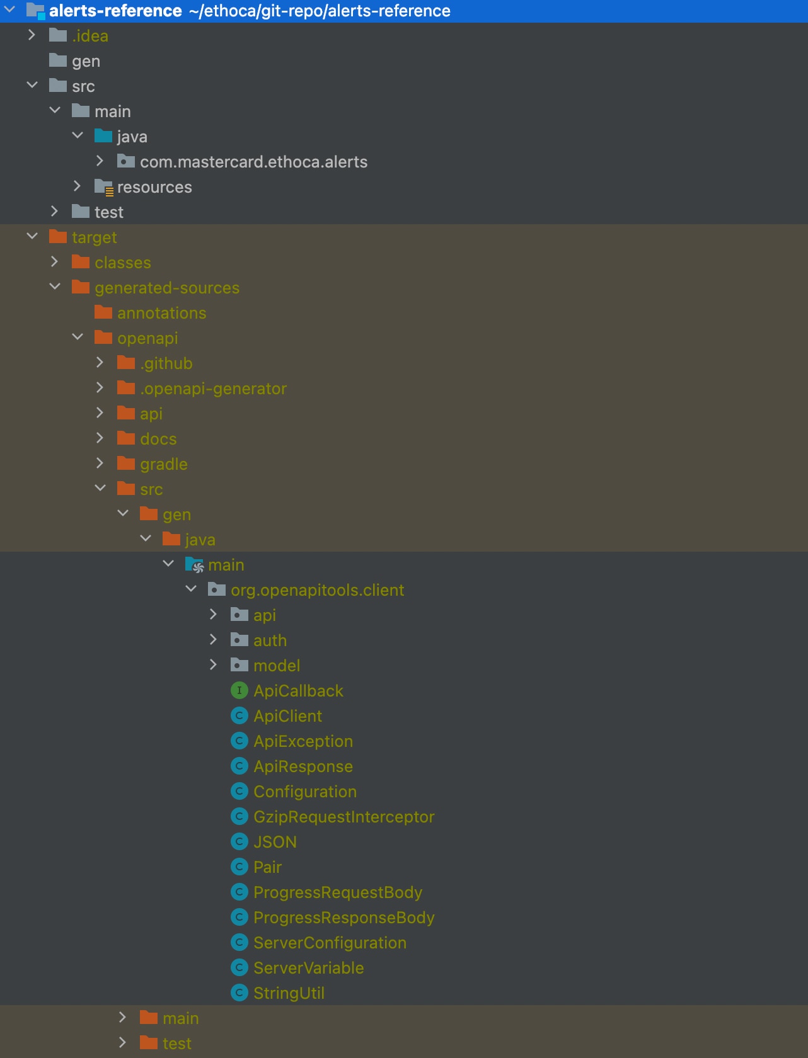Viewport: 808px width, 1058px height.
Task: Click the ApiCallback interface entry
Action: point(298,691)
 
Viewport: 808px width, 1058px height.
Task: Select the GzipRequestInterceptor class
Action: point(343,817)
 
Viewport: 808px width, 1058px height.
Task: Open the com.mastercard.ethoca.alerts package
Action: point(253,162)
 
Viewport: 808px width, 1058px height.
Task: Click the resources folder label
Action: point(154,187)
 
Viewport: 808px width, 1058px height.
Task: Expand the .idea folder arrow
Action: point(32,35)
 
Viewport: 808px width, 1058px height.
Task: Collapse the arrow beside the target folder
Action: point(32,236)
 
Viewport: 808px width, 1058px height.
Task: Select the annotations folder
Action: point(161,313)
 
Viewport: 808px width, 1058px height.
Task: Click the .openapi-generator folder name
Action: point(213,389)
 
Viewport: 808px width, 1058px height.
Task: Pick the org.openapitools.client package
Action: point(317,590)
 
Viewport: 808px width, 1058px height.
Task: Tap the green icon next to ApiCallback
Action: point(240,691)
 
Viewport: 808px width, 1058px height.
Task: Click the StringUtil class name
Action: point(289,993)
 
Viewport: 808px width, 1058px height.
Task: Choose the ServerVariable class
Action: point(308,968)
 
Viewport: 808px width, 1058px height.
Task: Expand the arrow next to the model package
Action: point(213,664)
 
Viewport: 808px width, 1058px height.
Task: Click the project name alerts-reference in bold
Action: point(115,11)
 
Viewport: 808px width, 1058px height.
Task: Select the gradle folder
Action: point(164,464)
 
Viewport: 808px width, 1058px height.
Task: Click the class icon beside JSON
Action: point(240,842)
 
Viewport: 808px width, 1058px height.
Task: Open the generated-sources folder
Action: point(167,288)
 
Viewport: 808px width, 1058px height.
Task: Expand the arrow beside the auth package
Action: point(213,639)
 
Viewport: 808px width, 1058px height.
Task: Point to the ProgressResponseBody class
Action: point(343,918)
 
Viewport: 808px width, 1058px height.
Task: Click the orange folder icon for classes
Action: point(81,262)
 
